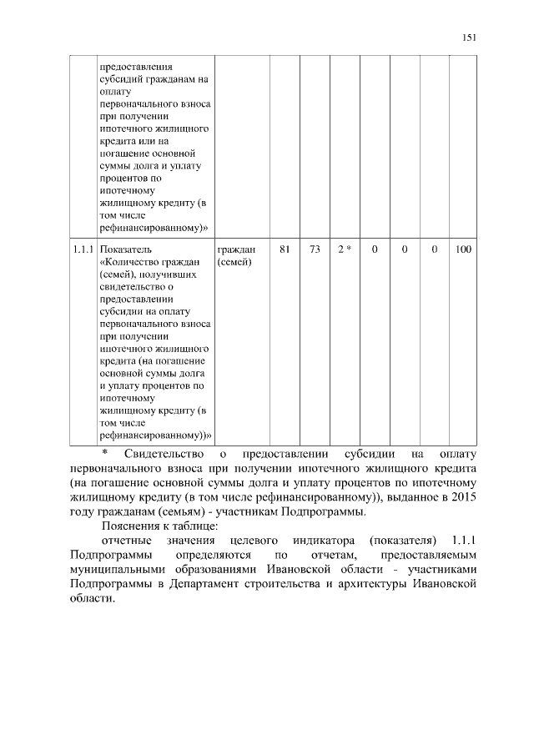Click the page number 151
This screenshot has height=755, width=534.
click(x=469, y=37)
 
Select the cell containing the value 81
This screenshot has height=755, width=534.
click(x=285, y=249)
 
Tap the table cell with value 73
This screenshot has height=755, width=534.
click(x=315, y=249)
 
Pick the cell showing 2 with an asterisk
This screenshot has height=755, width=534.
click(x=344, y=249)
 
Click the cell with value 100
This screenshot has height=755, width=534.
click(x=463, y=249)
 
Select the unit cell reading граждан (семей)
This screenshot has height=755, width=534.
click(x=236, y=255)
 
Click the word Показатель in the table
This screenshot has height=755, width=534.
click(x=125, y=249)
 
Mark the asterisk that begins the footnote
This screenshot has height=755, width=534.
click(x=105, y=454)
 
